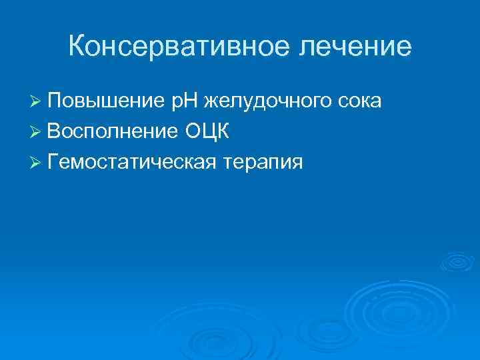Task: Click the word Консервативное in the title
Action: pyautogui.click(x=181, y=47)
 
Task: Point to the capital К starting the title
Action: pyautogui.click(x=77, y=47)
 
